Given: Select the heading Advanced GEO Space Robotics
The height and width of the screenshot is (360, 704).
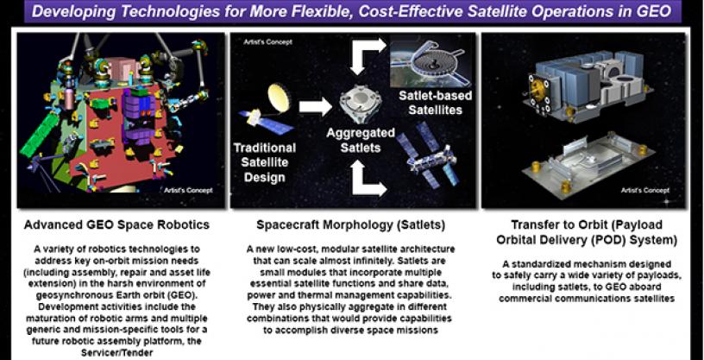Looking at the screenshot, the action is click(x=116, y=224).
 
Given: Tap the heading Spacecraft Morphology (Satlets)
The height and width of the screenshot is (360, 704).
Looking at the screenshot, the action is click(x=350, y=224).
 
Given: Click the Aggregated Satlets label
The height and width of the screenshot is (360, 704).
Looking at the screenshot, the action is click(x=361, y=140).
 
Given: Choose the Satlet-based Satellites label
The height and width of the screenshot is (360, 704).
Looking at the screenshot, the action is click(x=435, y=103).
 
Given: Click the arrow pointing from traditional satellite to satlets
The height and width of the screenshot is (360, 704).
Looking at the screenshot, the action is click(x=315, y=106).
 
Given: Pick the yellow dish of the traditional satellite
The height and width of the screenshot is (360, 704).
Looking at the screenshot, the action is click(x=279, y=97).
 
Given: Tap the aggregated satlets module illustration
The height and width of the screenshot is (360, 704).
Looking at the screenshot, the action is click(x=361, y=104).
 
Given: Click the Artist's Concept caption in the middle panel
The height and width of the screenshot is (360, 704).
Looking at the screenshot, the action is click(x=267, y=42).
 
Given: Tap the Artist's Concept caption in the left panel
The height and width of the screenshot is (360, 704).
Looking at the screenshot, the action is click(x=189, y=191).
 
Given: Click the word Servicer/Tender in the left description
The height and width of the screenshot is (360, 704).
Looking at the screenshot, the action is click(x=116, y=353).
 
